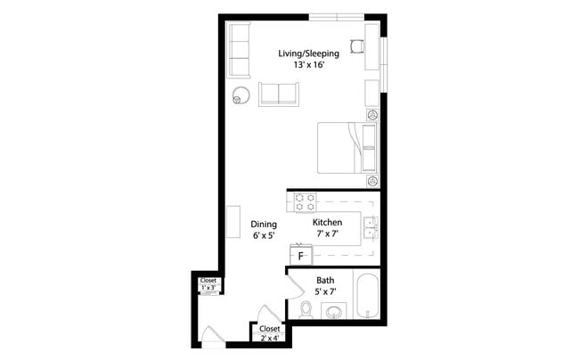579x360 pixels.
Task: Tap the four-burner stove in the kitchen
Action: [306, 200]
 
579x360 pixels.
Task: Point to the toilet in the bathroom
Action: [306, 309]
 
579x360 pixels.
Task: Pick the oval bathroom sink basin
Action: [333, 311]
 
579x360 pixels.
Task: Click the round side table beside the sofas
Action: [241, 94]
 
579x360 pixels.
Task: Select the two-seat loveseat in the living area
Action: [279, 94]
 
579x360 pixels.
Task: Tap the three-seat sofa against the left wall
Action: [239, 50]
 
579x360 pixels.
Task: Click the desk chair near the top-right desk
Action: [356, 47]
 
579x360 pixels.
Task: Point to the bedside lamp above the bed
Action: [372, 115]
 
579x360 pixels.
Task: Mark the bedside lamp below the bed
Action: [372, 180]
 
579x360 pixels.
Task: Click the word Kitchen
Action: [327, 221]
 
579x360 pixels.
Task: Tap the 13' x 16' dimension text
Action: [308, 66]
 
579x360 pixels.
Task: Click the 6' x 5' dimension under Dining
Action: [263, 236]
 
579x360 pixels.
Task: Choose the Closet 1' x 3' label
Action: [208, 284]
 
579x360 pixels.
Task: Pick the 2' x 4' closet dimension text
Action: [269, 339]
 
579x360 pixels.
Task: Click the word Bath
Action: [325, 280]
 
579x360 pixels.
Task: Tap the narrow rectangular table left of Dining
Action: [232, 222]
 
